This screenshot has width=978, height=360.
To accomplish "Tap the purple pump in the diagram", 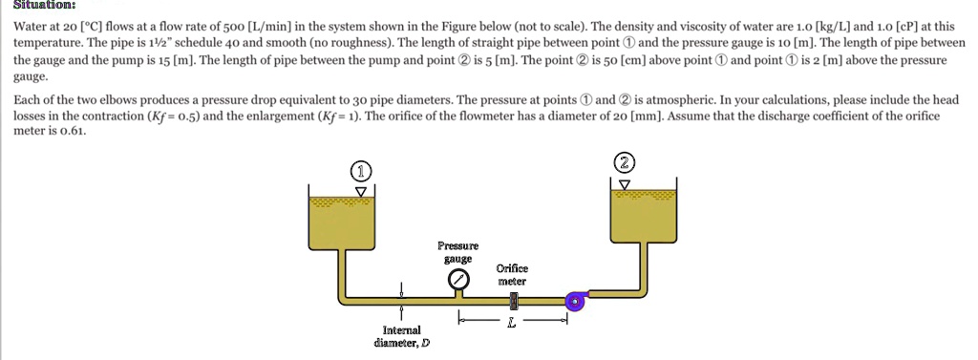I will (x=574, y=302).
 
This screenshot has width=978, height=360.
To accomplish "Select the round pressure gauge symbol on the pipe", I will (x=458, y=280).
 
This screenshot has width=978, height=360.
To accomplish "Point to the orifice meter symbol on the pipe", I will (x=515, y=302).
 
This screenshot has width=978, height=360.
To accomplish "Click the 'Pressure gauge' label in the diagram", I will (x=457, y=252).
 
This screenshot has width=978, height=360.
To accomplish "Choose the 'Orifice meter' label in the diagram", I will (x=512, y=275).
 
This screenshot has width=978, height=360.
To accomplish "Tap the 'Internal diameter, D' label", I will (x=401, y=336).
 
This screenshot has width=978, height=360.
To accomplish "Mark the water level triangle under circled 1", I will (x=360, y=191).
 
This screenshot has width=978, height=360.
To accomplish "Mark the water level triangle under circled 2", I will (x=625, y=182).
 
